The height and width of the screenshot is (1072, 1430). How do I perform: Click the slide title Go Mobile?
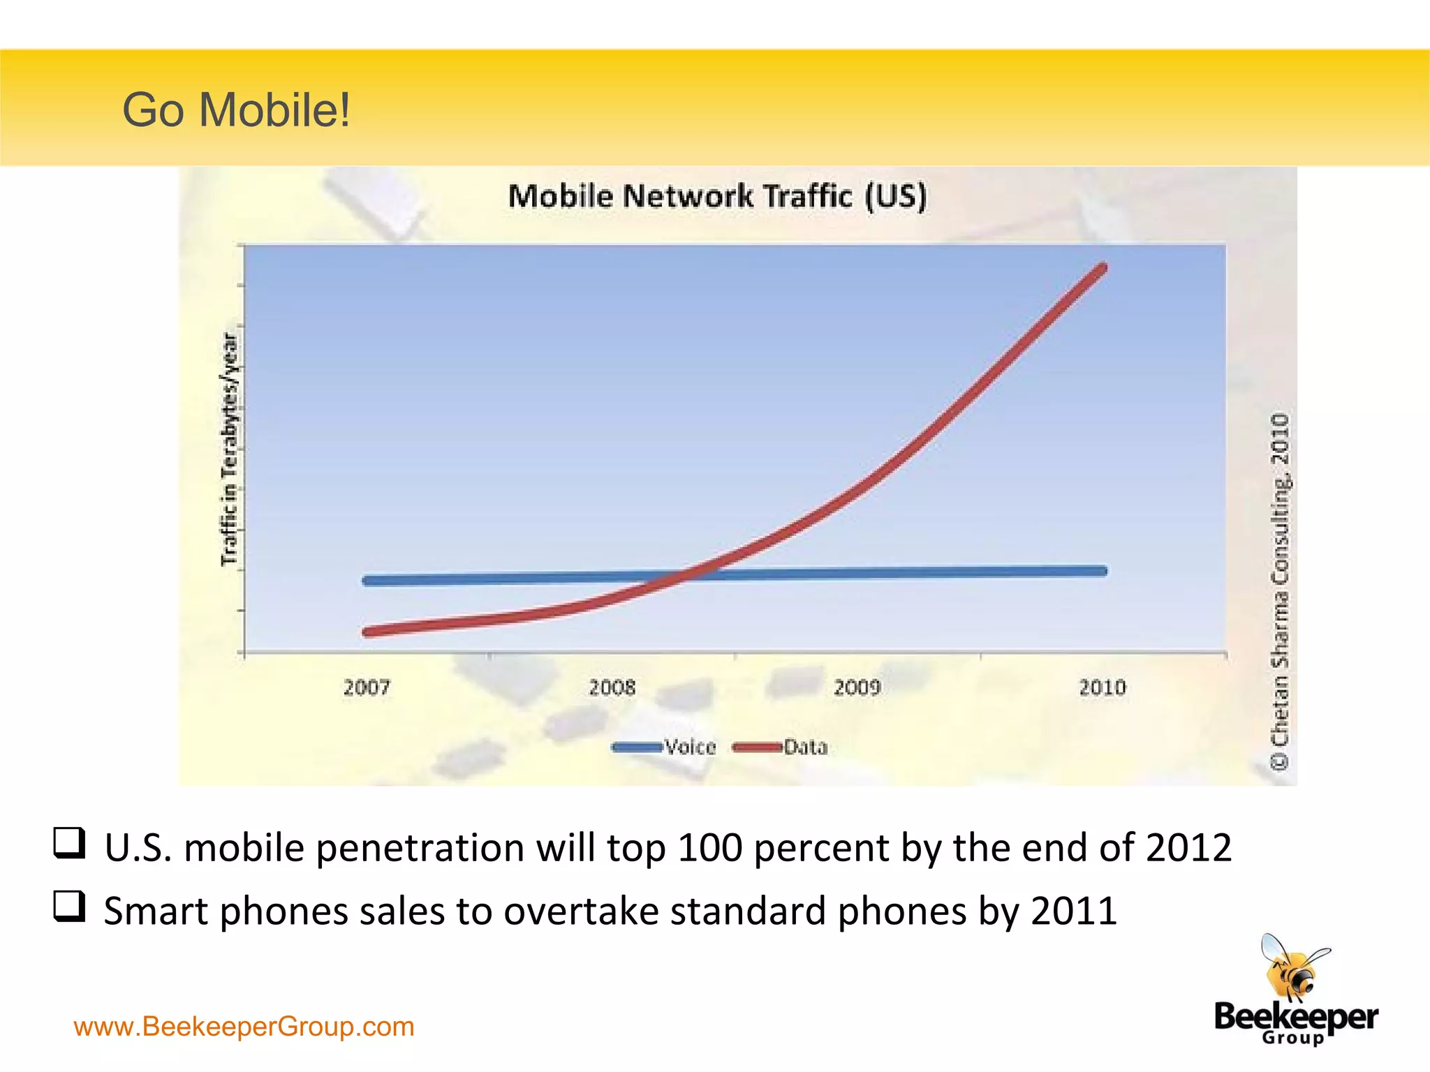pyautogui.click(x=236, y=110)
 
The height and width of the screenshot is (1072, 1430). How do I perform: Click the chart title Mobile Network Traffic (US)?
pyautogui.click(x=717, y=196)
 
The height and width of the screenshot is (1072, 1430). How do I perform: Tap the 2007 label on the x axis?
pyautogui.click(x=367, y=688)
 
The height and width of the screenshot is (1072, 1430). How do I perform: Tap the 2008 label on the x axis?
pyautogui.click(x=612, y=688)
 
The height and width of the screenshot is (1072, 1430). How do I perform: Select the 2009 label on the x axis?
pyautogui.click(x=857, y=688)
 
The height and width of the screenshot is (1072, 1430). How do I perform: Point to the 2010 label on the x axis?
pyautogui.click(x=1103, y=688)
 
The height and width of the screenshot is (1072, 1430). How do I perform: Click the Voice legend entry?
pyautogui.click(x=690, y=747)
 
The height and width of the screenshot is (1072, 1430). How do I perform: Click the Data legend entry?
pyautogui.click(x=805, y=747)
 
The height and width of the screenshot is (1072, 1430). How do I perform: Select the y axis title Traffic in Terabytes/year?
pyautogui.click(x=230, y=449)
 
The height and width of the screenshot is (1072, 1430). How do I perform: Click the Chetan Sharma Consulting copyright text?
pyautogui.click(x=1280, y=591)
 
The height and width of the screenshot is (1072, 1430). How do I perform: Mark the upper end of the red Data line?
pyautogui.click(x=1103, y=268)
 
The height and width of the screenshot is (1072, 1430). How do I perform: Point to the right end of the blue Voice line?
pyautogui.click(x=1103, y=571)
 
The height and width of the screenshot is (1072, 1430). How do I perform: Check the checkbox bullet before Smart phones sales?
pyautogui.click(x=70, y=907)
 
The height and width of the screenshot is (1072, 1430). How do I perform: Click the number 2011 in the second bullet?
pyautogui.click(x=1074, y=911)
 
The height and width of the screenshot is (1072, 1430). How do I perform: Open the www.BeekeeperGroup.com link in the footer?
pyautogui.click(x=244, y=1027)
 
